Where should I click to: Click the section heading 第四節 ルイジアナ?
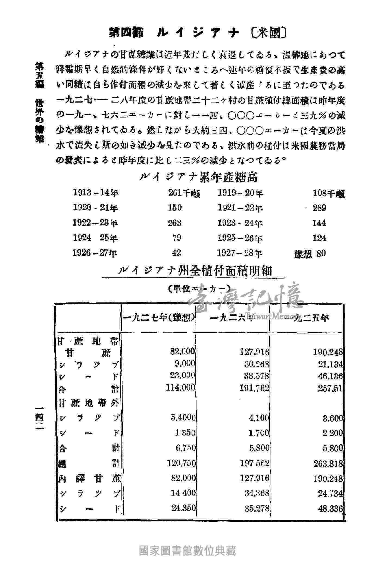(x=174, y=33)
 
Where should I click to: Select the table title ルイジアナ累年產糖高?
(x=199, y=178)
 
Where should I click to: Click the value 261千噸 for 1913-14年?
(x=184, y=193)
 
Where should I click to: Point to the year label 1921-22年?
(x=240, y=208)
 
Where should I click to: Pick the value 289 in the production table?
(x=319, y=208)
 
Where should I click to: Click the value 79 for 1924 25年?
(x=176, y=238)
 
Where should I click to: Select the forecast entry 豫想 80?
(x=310, y=254)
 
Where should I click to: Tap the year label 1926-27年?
(x=95, y=253)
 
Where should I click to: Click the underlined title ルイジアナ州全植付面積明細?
(x=195, y=271)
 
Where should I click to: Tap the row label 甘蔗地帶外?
(x=89, y=403)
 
